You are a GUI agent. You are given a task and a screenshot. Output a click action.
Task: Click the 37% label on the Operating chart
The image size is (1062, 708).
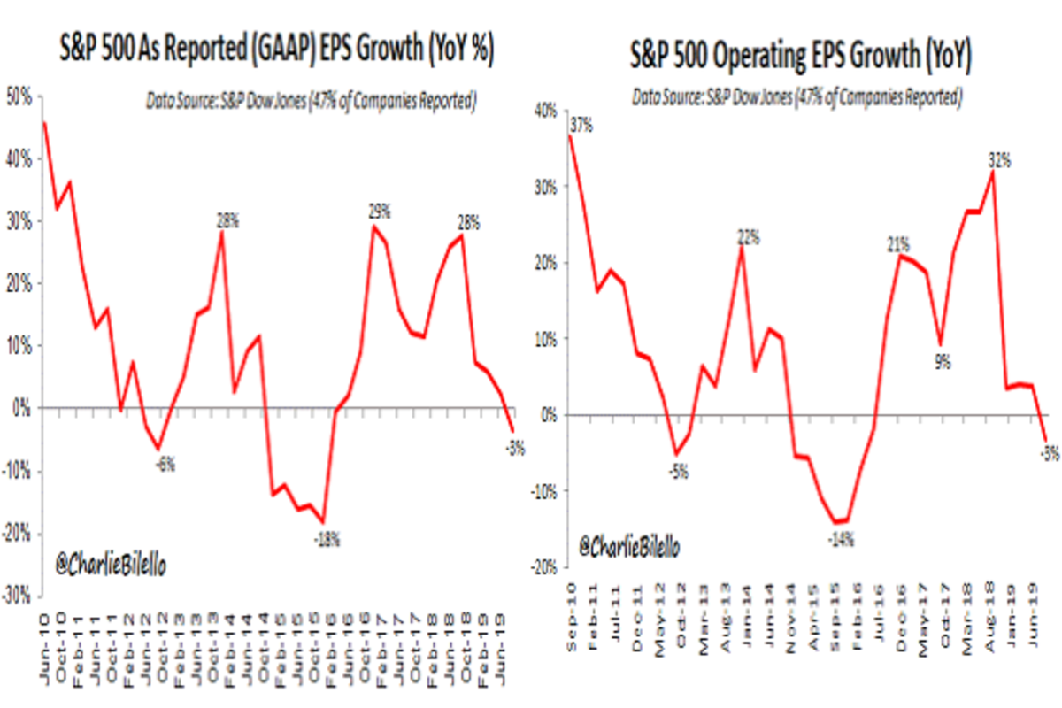(x=582, y=126)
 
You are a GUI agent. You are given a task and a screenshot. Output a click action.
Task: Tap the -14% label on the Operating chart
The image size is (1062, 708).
(x=841, y=536)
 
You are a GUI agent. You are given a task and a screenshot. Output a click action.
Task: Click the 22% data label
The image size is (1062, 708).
(x=750, y=238)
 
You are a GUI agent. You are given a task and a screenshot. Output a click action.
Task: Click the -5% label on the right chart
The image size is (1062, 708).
(x=679, y=472)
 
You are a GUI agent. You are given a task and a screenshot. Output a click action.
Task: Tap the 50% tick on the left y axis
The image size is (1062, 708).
(x=19, y=96)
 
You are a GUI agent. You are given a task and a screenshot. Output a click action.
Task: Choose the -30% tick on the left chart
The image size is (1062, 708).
(x=18, y=596)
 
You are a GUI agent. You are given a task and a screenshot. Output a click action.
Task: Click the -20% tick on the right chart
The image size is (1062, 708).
(x=543, y=567)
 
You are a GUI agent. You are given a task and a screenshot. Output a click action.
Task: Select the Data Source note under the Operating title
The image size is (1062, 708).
(x=796, y=98)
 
